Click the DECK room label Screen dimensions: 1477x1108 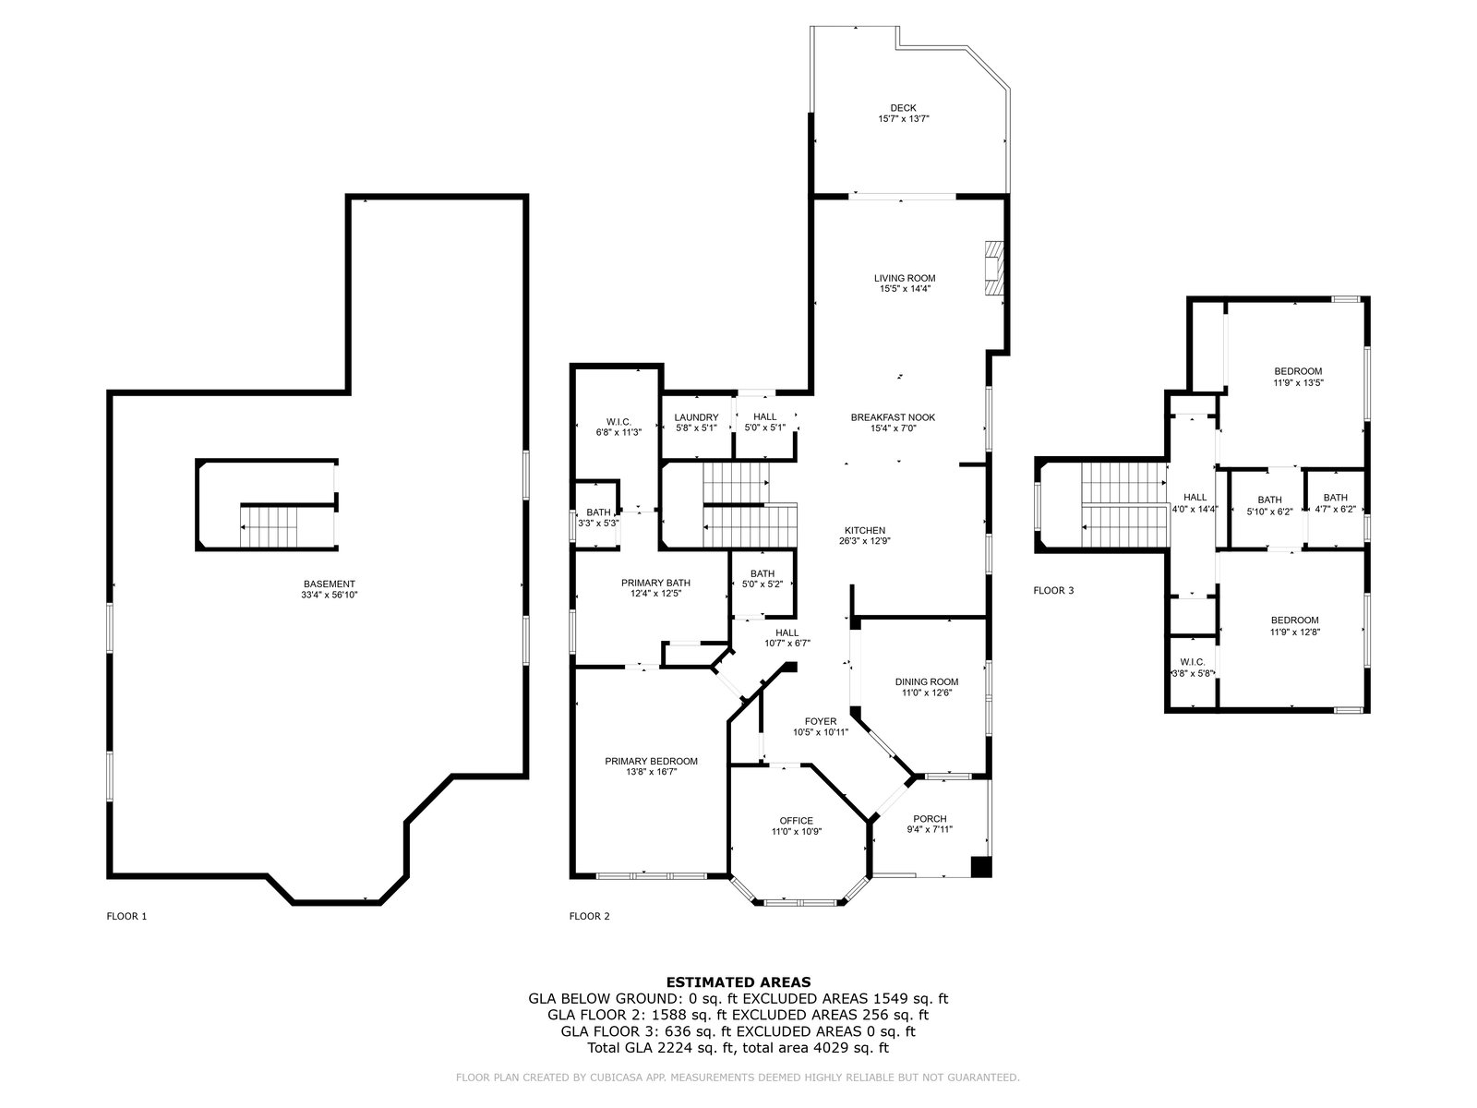[903, 108]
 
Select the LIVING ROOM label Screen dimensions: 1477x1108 [905, 278]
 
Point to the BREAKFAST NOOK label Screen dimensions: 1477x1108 [893, 417]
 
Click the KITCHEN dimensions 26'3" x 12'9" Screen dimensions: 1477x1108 [865, 540]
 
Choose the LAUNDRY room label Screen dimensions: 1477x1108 [696, 417]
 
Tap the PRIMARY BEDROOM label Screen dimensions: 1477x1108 [651, 761]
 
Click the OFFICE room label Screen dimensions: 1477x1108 [796, 820]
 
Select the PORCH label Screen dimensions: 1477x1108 [930, 819]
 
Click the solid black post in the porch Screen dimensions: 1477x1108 [982, 866]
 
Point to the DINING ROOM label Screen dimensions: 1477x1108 [927, 681]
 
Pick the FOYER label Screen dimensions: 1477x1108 [821, 721]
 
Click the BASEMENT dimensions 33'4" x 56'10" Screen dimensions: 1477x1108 [329, 595]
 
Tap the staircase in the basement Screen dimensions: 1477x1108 [269, 526]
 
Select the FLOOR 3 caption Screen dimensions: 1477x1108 [1054, 591]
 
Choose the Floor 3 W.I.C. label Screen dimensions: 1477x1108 [1193, 662]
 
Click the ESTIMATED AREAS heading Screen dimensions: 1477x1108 [738, 982]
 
